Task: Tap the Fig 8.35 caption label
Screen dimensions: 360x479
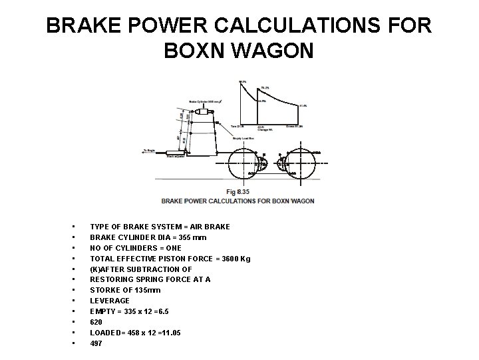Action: pyautogui.click(x=238, y=192)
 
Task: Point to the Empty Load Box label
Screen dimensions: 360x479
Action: pyautogui.click(x=242, y=138)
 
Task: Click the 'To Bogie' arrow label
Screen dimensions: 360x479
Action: pyautogui.click(x=148, y=151)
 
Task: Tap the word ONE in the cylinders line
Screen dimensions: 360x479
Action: pyautogui.click(x=172, y=248)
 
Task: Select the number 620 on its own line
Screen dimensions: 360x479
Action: pyautogui.click(x=97, y=322)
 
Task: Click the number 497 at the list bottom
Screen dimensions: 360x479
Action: pyautogui.click(x=97, y=343)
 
